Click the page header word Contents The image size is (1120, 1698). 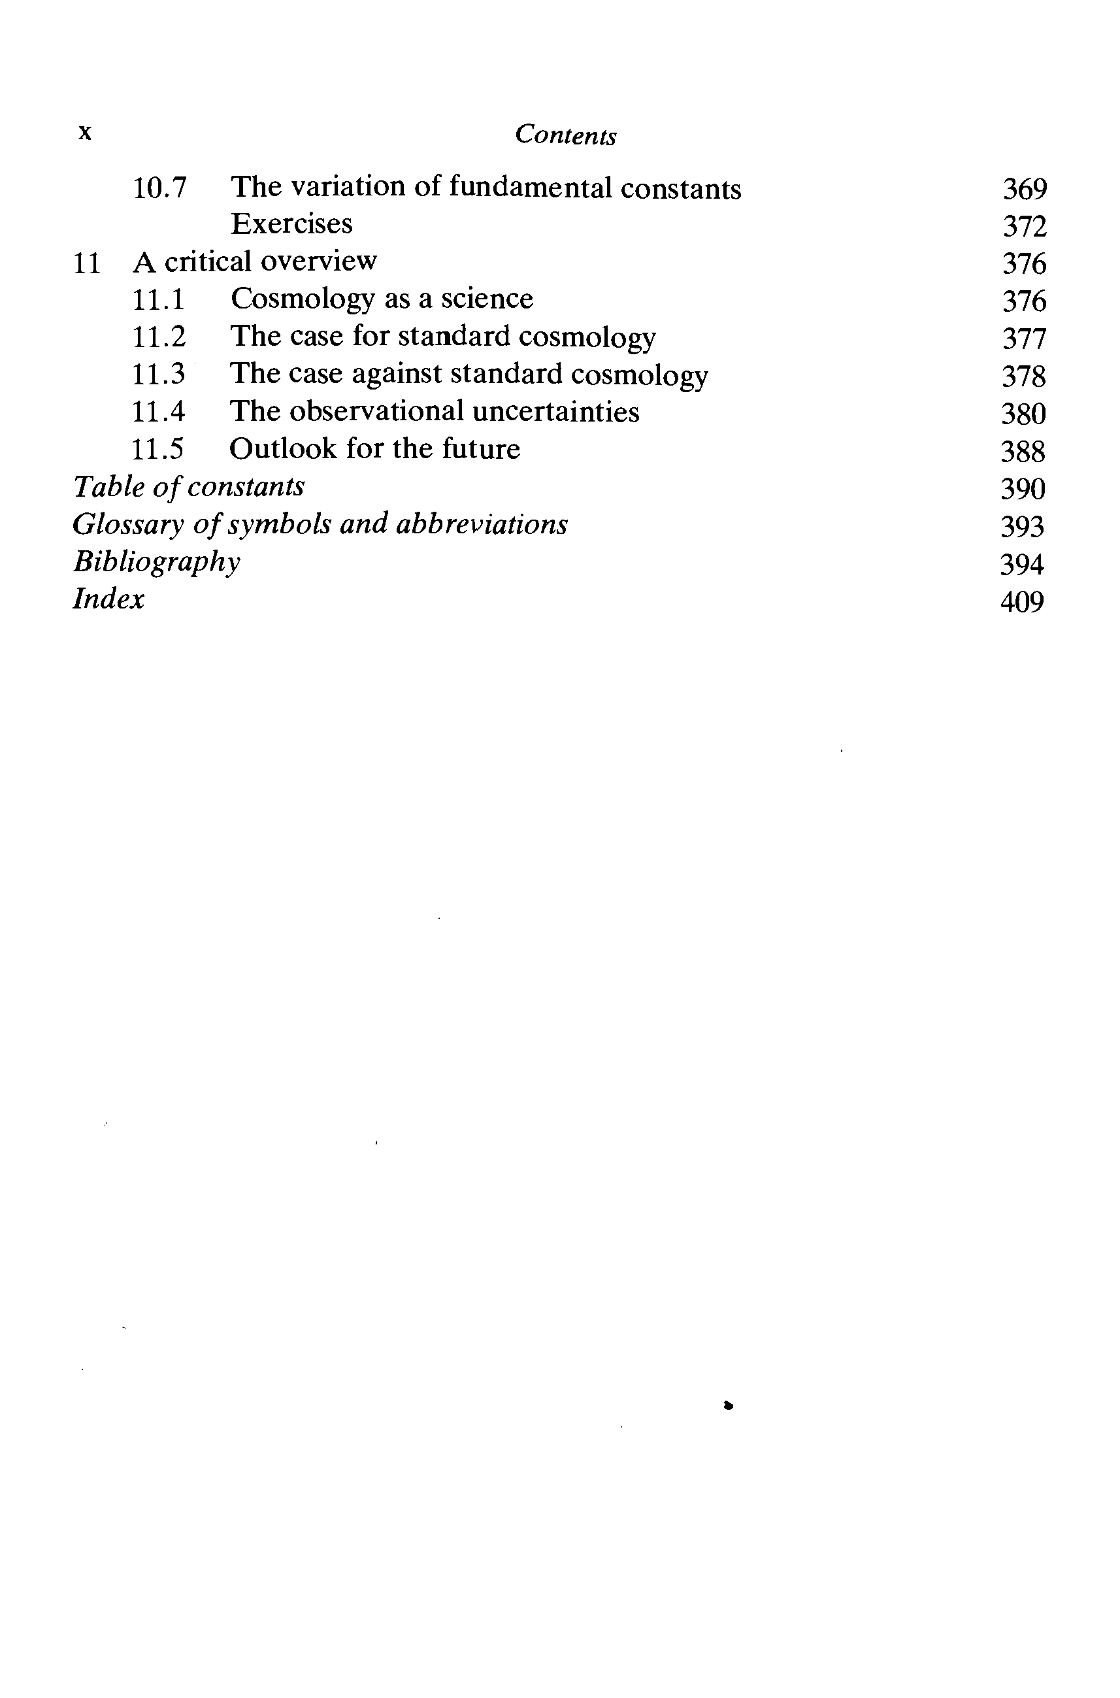pyautogui.click(x=565, y=135)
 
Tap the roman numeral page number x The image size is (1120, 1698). pyautogui.click(x=85, y=132)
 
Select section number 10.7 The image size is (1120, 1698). pyautogui.click(x=160, y=188)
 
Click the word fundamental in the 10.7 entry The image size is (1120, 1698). pyautogui.click(x=530, y=188)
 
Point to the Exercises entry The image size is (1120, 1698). pyautogui.click(x=291, y=224)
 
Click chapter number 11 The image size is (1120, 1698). pyautogui.click(x=86, y=263)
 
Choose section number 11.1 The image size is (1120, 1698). pyautogui.click(x=159, y=299)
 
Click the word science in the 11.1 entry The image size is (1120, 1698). pyautogui.click(x=486, y=299)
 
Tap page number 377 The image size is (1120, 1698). pyautogui.click(x=1023, y=339)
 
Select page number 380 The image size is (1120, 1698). pyautogui.click(x=1023, y=414)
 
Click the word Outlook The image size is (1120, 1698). pyautogui.click(x=282, y=449)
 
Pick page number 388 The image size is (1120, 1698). pyautogui.click(x=1023, y=452)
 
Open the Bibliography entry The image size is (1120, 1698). pyautogui.click(x=156, y=562)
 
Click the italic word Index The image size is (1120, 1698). pyautogui.click(x=108, y=599)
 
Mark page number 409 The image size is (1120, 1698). pyautogui.click(x=1022, y=602)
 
